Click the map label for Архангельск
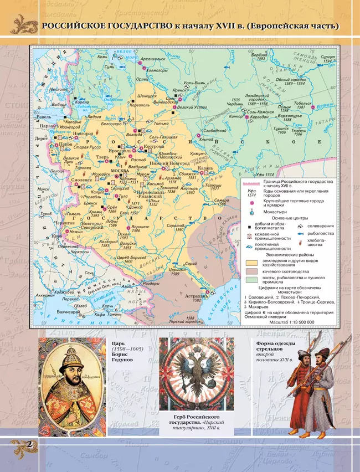153,58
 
